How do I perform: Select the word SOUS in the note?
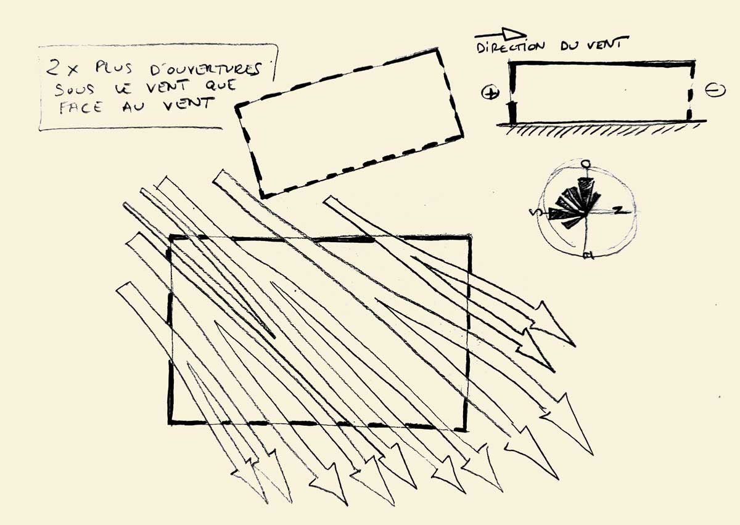[75, 89]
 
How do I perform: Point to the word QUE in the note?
[221, 86]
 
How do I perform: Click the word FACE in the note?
[81, 108]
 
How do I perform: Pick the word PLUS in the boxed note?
[113, 68]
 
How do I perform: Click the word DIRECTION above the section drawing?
[511, 47]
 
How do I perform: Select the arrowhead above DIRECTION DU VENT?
[514, 33]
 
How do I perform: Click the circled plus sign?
[490, 93]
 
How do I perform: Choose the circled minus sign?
[715, 90]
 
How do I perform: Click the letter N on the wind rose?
[618, 210]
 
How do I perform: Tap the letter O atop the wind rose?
[586, 164]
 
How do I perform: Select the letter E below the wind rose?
[588, 255]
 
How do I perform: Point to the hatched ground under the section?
[601, 130]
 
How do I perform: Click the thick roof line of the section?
[601, 63]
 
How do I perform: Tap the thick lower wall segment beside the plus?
[512, 113]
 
